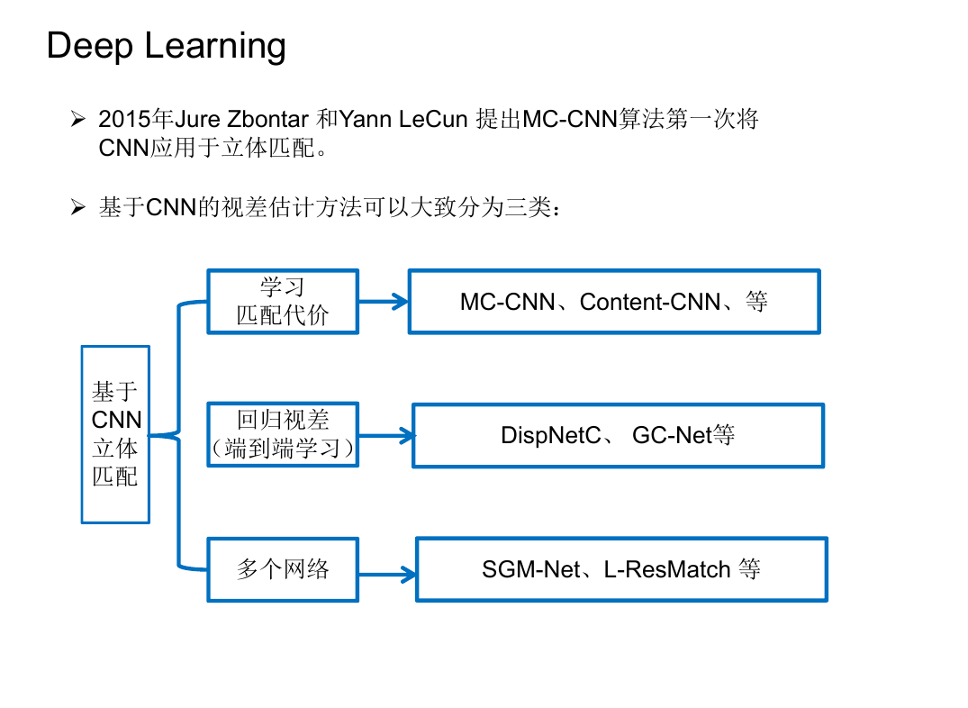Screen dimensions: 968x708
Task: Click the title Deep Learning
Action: tap(166, 47)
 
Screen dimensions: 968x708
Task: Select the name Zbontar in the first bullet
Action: tap(268, 119)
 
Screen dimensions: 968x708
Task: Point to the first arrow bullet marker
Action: tap(77, 119)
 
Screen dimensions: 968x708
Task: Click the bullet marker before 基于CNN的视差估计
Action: tap(77, 207)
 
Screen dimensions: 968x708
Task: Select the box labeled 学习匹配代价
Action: tap(283, 302)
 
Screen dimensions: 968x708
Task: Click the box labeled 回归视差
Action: tap(283, 434)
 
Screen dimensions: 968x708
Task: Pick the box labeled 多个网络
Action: tap(283, 569)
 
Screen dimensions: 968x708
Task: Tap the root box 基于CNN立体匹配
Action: tap(115, 434)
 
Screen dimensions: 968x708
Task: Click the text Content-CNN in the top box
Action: tap(650, 302)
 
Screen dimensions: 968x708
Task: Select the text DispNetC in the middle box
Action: tap(551, 435)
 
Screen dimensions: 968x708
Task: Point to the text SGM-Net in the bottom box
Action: tap(531, 569)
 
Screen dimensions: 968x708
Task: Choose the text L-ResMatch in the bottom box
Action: tap(667, 569)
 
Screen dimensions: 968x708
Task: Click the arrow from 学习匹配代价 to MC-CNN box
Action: tap(384, 302)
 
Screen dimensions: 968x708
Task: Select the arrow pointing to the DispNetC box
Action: tap(385, 436)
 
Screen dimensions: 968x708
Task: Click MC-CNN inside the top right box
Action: tap(508, 302)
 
